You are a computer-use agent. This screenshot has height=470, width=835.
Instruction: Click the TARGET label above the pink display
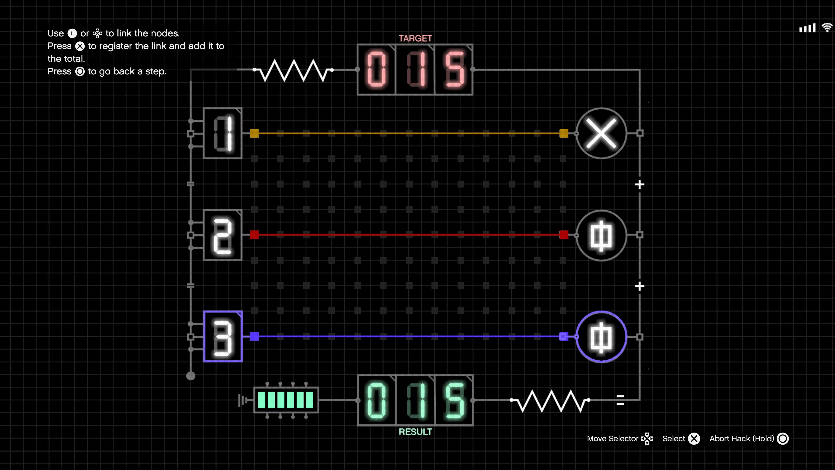[x=415, y=38]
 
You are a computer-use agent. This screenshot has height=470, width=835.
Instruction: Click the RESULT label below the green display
[x=415, y=432]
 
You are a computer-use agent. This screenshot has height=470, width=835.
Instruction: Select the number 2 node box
[x=223, y=235]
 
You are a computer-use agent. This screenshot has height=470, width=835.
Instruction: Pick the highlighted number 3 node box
[x=223, y=336]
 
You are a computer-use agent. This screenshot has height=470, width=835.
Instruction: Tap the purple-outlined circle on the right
[x=601, y=337]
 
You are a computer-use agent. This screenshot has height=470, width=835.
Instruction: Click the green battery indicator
[x=286, y=400]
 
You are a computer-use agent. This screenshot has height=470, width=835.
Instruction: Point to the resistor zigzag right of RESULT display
[x=550, y=401]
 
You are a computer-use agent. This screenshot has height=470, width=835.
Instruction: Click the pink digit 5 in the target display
[x=454, y=69]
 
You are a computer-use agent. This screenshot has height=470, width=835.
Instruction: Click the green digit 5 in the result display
[x=454, y=400]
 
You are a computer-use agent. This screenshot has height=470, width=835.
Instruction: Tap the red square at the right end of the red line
[x=564, y=235]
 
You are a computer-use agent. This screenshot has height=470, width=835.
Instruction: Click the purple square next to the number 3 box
[x=254, y=336]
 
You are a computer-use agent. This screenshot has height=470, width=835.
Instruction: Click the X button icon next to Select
[x=694, y=438]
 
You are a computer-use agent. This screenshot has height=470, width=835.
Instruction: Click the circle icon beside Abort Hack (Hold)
[x=783, y=438]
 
